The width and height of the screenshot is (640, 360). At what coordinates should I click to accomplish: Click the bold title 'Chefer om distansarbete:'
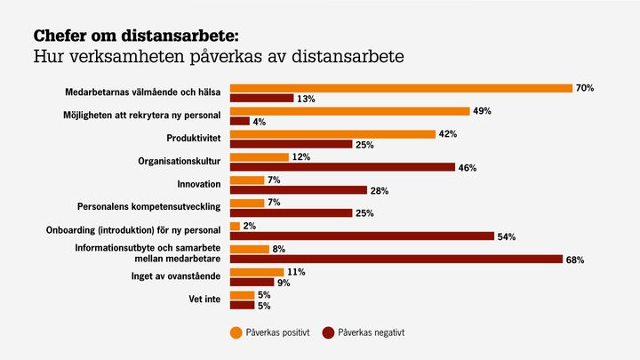(x=136, y=36)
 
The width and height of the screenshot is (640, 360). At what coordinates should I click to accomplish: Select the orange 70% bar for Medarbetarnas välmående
(x=401, y=88)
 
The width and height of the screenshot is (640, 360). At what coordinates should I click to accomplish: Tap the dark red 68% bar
(x=396, y=259)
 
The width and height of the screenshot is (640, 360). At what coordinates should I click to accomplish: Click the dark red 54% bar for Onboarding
(x=362, y=236)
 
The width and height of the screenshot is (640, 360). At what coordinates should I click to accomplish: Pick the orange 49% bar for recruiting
(x=349, y=111)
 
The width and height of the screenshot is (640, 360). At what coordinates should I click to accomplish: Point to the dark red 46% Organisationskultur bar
(x=342, y=167)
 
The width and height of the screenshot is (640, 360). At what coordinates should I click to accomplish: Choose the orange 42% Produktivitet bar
(x=332, y=133)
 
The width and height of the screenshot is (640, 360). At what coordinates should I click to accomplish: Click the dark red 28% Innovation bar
(x=299, y=189)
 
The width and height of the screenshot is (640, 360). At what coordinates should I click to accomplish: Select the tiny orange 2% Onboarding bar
(x=235, y=226)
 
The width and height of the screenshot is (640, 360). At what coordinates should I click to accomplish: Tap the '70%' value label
(x=584, y=88)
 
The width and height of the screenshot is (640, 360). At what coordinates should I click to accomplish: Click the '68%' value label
(x=575, y=260)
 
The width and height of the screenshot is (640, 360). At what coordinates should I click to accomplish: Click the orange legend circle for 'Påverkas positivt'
(x=236, y=332)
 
